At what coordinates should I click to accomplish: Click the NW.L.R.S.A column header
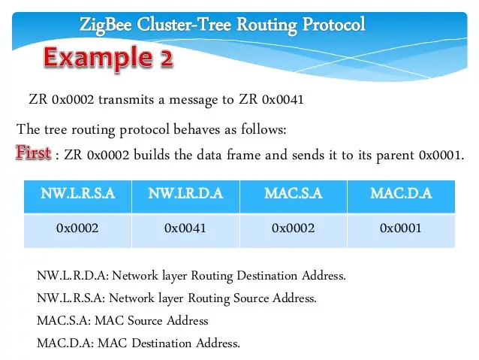point(78,193)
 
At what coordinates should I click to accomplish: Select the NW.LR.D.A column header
point(185,193)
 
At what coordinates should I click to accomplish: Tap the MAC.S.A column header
point(294,193)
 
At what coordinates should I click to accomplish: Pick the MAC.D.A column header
point(401,193)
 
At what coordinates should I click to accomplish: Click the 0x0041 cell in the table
point(185,228)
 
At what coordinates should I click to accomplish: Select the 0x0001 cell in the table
point(400,228)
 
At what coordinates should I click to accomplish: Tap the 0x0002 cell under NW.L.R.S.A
point(77,228)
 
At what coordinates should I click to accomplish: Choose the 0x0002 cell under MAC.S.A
point(293,228)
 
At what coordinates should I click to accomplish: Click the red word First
point(33,153)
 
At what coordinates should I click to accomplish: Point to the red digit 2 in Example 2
point(166,58)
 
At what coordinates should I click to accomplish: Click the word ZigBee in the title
point(105,25)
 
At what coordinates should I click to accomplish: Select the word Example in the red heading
point(98,58)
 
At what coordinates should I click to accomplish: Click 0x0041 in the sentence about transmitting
point(283,100)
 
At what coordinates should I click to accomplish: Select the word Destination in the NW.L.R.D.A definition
point(267,276)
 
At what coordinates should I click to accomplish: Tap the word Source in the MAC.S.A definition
point(145,321)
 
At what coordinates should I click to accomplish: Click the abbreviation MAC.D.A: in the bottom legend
point(65,343)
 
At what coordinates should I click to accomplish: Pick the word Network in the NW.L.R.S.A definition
point(131,298)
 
